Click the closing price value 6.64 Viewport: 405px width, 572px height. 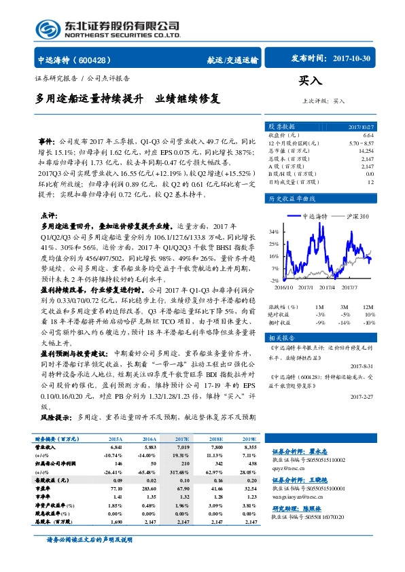pyautogui.click(x=369, y=137)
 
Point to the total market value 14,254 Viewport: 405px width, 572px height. pyautogui.click(x=366, y=151)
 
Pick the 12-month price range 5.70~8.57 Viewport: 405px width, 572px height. pyautogui.click(x=361, y=143)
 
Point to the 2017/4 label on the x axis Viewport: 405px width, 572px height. pyautogui.click(x=328, y=287)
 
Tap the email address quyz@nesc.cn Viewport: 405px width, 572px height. pyautogui.click(x=289, y=467)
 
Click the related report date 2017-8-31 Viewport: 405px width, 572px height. pyautogui.click(x=360, y=366)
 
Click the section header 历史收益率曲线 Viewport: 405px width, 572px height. pyautogui.click(x=293, y=199)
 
